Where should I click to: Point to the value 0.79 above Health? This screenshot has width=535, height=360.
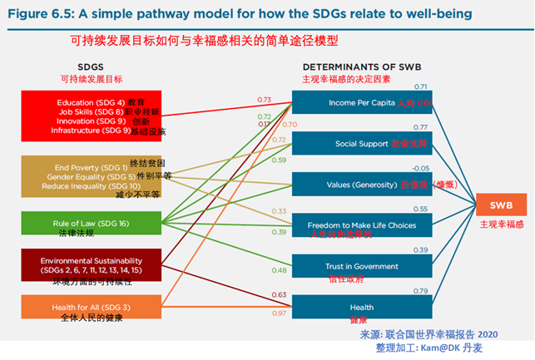tap(420, 290)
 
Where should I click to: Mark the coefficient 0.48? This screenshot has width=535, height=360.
tap(278, 270)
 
